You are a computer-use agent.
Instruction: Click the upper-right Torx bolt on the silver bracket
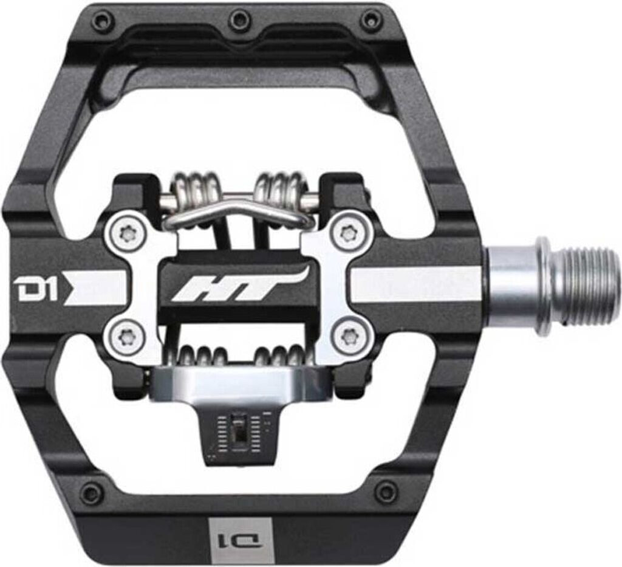(x=348, y=232)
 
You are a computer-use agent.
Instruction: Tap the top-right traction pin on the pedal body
(x=371, y=20)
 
